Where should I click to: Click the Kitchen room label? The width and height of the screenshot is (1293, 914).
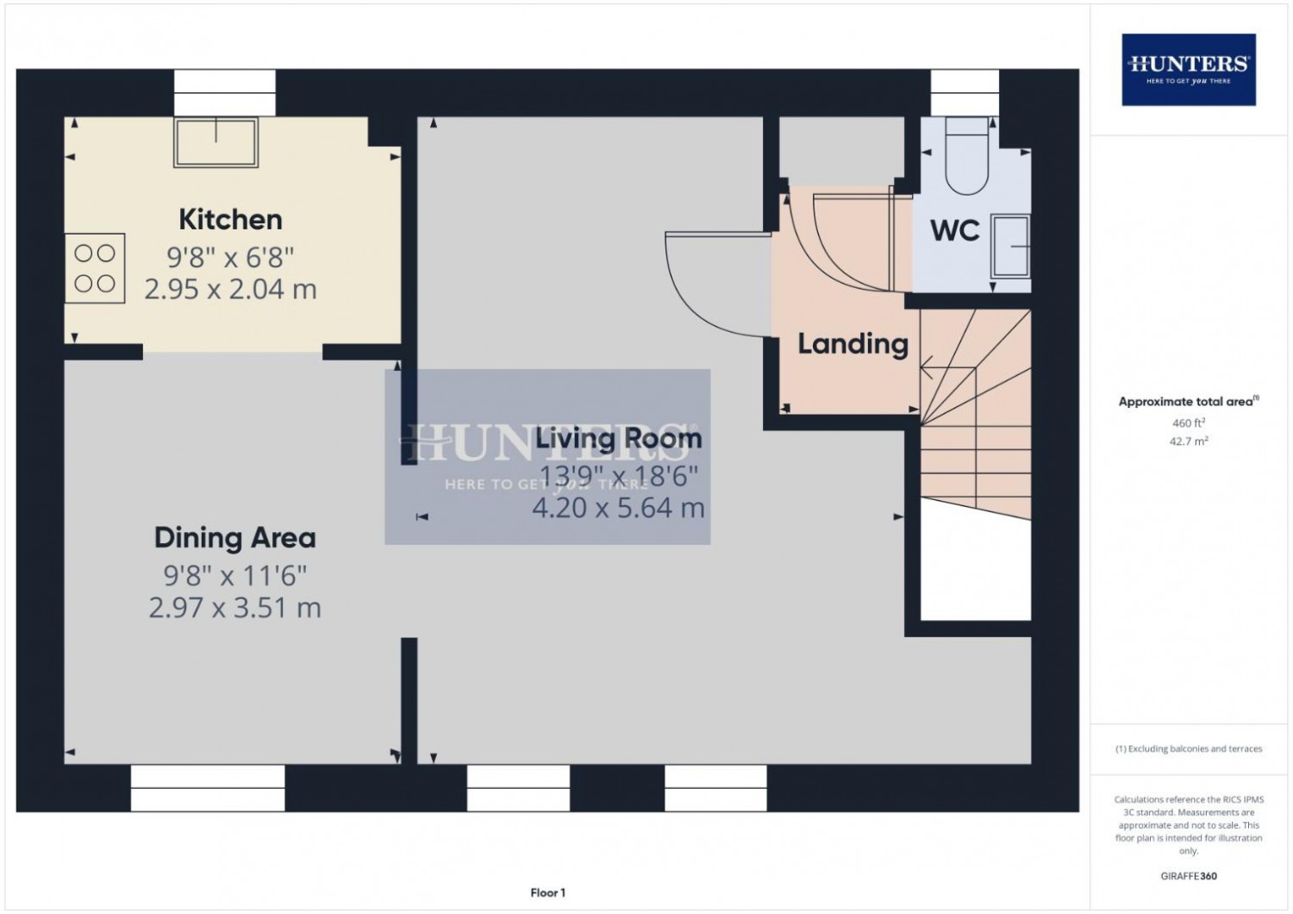(x=230, y=220)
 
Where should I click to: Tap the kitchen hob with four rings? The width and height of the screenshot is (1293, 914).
(x=95, y=268)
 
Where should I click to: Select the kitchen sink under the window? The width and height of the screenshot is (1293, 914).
(x=215, y=142)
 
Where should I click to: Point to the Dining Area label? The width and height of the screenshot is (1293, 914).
(x=235, y=539)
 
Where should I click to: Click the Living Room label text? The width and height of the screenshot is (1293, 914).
(x=619, y=438)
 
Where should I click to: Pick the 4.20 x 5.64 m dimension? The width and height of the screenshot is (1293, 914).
(x=618, y=508)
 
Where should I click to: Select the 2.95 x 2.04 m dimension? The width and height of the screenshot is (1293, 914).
(x=230, y=289)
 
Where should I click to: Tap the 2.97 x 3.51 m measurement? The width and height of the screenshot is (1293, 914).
(x=235, y=608)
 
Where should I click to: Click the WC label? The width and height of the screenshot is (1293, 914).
(x=955, y=231)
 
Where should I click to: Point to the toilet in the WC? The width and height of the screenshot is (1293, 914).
(x=967, y=156)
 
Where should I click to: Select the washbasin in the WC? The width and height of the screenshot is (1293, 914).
(x=1011, y=247)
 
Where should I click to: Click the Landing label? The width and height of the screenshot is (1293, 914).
(x=853, y=345)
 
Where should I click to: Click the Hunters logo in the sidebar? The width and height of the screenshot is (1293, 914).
(x=1189, y=70)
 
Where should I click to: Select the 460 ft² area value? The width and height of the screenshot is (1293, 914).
(x=1189, y=423)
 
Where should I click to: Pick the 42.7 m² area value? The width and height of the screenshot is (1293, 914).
(x=1189, y=441)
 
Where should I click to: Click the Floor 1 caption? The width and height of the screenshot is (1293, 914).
(x=547, y=892)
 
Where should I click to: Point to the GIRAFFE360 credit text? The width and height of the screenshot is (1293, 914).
(x=1189, y=876)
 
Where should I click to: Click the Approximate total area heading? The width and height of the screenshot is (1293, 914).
(x=1189, y=401)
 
